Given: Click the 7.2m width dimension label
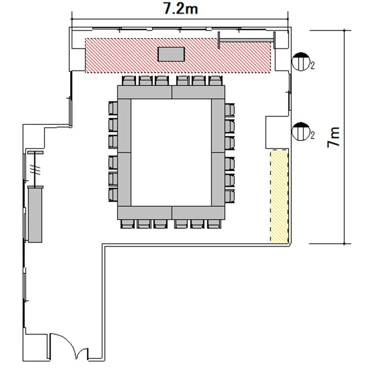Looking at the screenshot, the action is coord(181,9).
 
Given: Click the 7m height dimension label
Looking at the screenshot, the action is coord(333,137).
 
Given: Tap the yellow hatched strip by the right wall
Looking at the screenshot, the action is coord(279,196).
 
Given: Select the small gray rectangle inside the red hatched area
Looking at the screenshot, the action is coord(171,54).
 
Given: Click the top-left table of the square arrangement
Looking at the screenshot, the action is coord(145,92).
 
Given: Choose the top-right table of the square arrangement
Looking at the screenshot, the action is coord(198,92).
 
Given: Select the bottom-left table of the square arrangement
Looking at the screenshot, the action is coord(145,213).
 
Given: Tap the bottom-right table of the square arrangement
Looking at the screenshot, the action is coord(198,213).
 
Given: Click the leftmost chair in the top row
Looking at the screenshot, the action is coord(129,80).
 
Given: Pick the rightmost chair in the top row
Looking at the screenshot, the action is coord(215,80).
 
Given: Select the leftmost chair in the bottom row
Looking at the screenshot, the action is coord(127,224).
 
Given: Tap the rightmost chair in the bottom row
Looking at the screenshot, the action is coord(214,224).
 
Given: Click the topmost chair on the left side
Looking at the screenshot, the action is coord(113,108).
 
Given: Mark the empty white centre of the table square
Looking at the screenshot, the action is coord(171,152).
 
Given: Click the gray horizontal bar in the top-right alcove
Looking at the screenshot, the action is coord(246,40).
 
